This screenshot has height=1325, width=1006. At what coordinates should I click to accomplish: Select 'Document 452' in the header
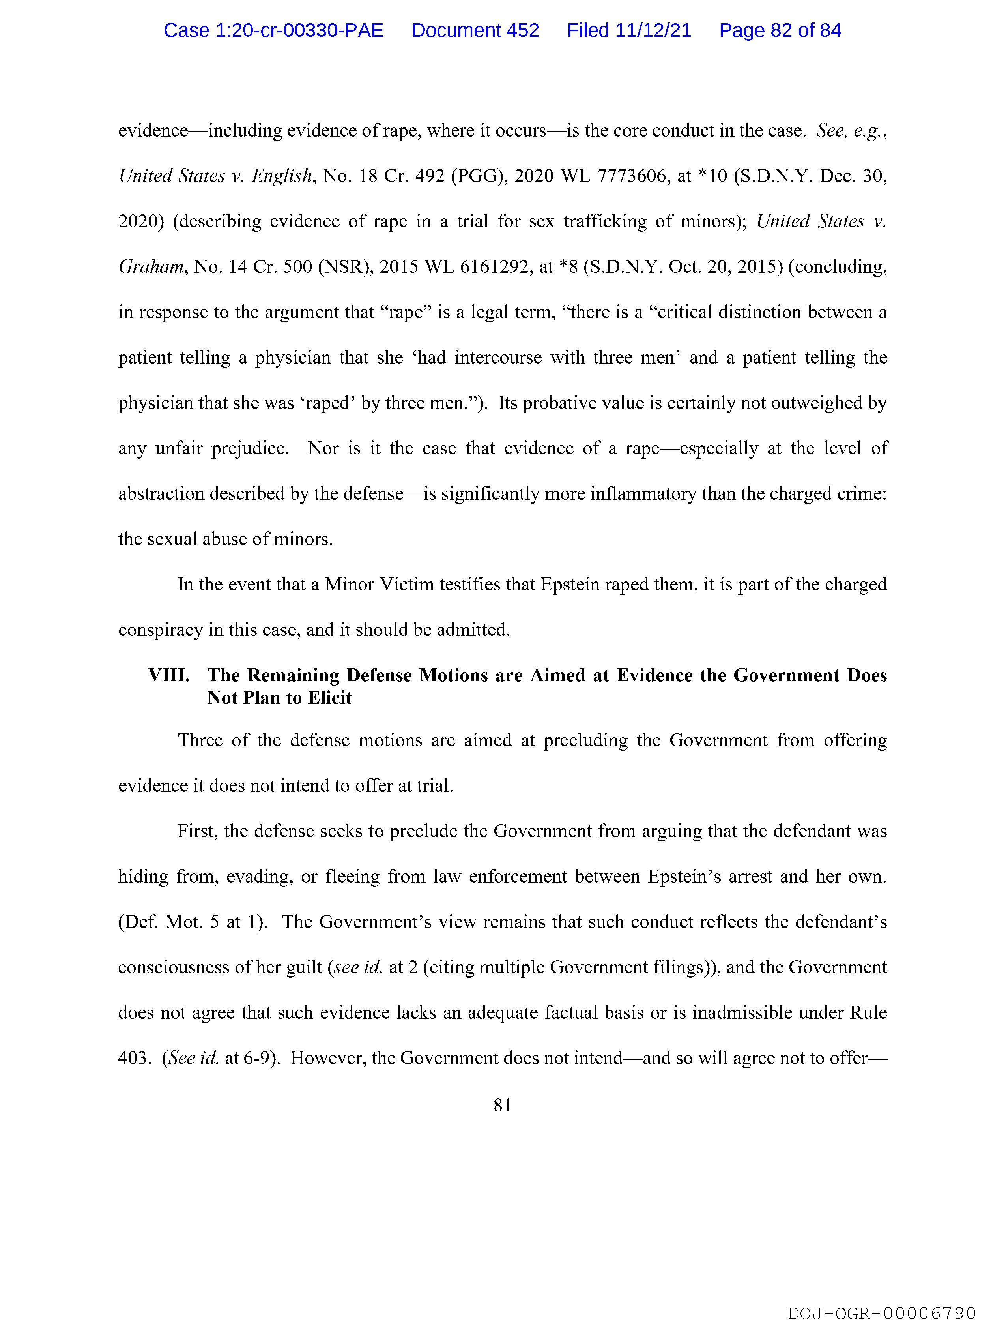[475, 30]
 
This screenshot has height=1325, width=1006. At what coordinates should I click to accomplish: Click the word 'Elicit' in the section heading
[329, 698]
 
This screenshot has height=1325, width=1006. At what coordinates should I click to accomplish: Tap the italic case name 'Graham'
[150, 267]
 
